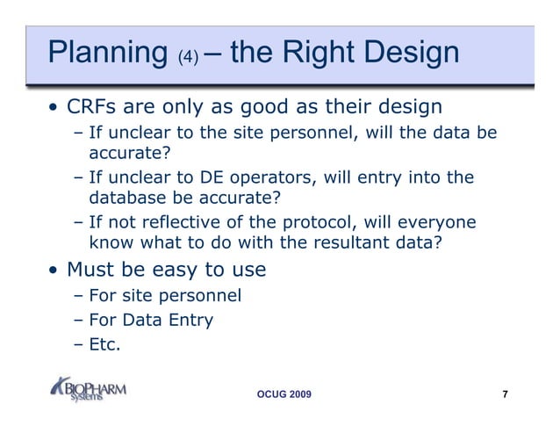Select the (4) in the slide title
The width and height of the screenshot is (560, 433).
click(189, 57)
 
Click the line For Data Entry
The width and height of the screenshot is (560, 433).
click(151, 320)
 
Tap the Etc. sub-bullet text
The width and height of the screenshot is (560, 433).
click(104, 343)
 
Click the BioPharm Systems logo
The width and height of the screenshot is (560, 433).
click(89, 388)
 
